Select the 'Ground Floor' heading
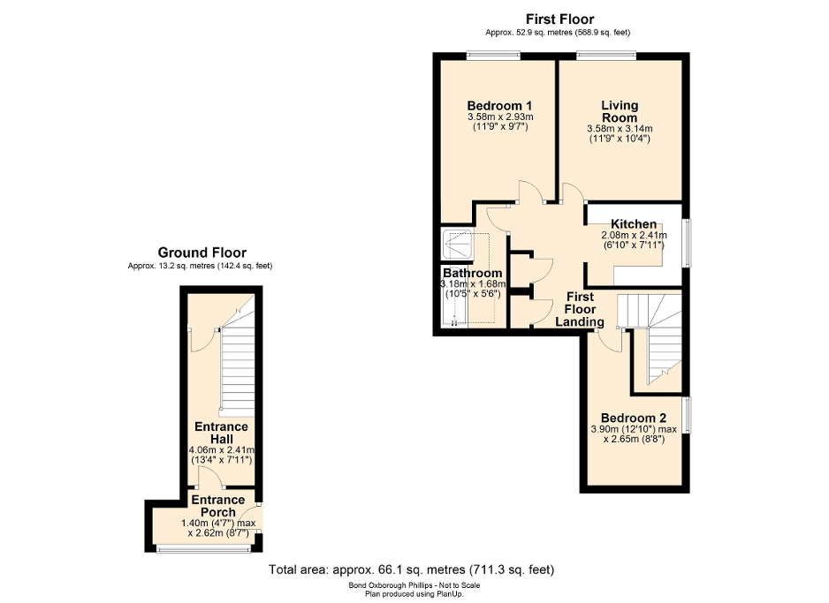(202, 253)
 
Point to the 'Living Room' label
(620, 111)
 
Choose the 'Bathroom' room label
(472, 273)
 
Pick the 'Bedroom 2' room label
(633, 418)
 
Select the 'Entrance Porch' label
(218, 506)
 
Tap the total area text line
(411, 569)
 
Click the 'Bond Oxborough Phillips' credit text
(411, 585)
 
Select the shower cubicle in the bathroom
(457, 243)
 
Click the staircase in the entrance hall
(235, 371)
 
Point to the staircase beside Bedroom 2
(655, 340)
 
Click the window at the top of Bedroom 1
(492, 57)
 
